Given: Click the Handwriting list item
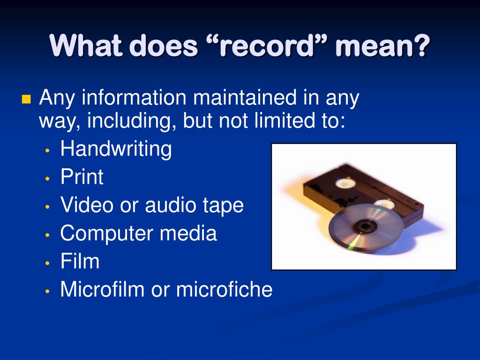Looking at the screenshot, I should [116, 150].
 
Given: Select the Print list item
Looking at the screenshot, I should [82, 177].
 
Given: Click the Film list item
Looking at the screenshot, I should [80, 261].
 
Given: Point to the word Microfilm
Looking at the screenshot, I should [103, 289].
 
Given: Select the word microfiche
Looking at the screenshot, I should [224, 289].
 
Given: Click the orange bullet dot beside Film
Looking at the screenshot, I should [48, 263].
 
